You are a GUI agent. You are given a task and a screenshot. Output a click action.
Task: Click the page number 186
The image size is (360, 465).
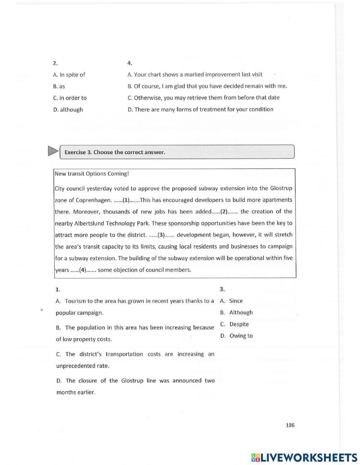pyautogui.click(x=290, y=425)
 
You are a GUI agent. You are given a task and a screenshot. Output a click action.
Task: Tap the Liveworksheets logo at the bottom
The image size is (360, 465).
pyautogui.click(x=304, y=457)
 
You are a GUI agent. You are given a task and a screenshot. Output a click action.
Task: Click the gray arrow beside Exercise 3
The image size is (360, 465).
pyautogui.click(x=53, y=151)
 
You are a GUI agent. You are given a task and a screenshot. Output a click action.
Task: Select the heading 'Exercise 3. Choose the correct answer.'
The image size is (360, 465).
pyautogui.click(x=115, y=152)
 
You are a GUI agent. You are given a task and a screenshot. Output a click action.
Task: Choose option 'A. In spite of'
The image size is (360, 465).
pyautogui.click(x=69, y=75)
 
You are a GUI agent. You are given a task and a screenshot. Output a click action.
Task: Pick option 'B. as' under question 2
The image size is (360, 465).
pyautogui.click(x=59, y=86)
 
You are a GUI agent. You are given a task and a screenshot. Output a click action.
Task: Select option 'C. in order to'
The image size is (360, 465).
pyautogui.click(x=70, y=98)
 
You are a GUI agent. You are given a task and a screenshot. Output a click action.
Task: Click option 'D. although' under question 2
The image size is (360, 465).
pyautogui.click(x=68, y=109)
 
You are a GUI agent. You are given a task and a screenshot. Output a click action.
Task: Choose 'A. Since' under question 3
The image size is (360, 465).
pyautogui.click(x=231, y=301)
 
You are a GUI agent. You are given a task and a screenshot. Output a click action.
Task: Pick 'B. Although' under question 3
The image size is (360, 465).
pyautogui.click(x=237, y=312)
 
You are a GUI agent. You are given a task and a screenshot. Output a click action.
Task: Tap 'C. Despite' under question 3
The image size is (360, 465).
pyautogui.click(x=235, y=324)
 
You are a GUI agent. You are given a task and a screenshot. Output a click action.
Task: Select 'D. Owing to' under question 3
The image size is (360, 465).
pyautogui.click(x=237, y=336)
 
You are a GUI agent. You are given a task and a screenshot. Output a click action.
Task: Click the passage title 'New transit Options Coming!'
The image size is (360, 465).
pyautogui.click(x=91, y=174)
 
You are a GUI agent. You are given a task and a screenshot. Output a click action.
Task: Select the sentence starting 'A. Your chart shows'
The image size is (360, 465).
pyautogui.click(x=195, y=75)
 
